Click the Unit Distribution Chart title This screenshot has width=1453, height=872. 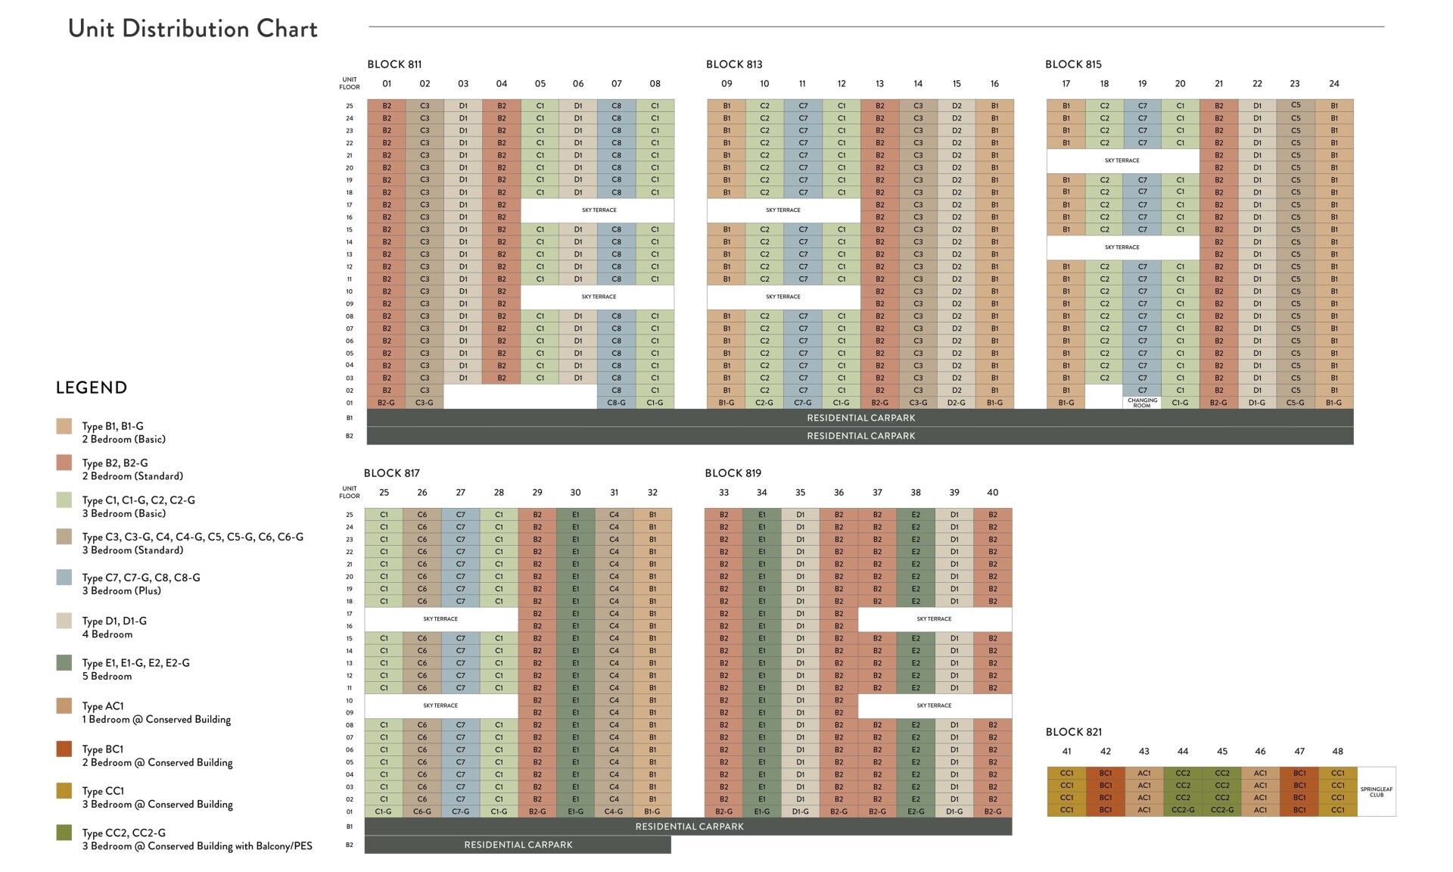(193, 29)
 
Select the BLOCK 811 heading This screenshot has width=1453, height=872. (394, 64)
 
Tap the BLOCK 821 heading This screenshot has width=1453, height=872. (1073, 732)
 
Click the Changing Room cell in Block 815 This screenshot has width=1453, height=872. (1142, 403)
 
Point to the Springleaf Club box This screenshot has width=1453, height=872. (1377, 792)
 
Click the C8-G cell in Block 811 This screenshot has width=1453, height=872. (616, 403)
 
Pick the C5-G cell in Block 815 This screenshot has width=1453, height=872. (1295, 403)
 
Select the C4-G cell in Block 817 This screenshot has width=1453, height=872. (614, 811)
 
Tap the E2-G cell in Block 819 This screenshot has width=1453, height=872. (916, 811)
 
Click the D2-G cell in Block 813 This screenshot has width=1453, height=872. (956, 403)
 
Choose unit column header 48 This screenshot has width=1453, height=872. (1337, 752)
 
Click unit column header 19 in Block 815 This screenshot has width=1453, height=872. (1142, 84)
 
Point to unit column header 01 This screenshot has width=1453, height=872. (387, 84)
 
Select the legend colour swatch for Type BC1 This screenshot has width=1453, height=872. (64, 749)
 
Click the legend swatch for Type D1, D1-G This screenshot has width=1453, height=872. (64, 621)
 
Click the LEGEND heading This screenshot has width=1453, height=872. (92, 388)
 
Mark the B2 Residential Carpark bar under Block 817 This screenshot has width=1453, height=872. (518, 845)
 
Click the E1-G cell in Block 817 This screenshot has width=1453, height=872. (575, 811)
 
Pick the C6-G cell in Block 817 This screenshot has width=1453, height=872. (422, 811)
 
